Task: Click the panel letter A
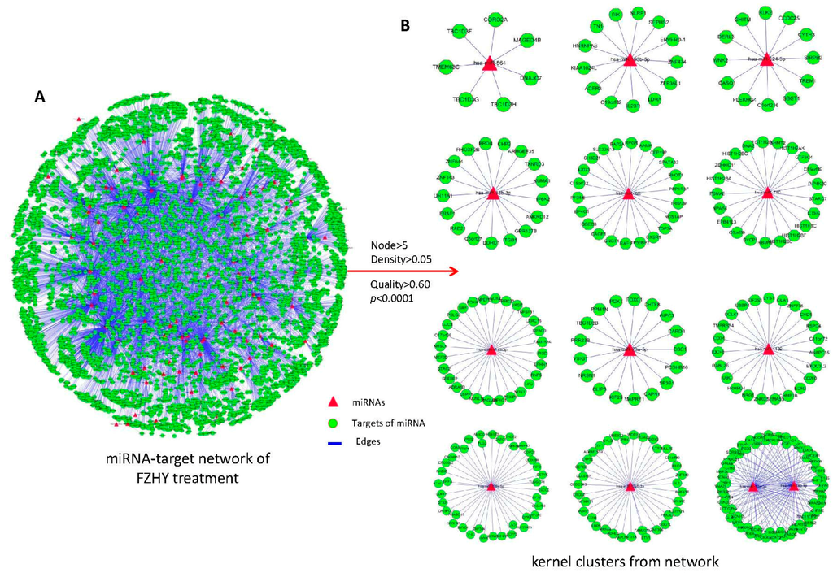coord(39,97)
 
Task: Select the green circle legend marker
coord(332,422)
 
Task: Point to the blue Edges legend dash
coord(332,441)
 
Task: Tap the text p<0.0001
coord(390,297)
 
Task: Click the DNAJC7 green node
coord(533,79)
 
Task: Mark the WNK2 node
coord(719,59)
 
